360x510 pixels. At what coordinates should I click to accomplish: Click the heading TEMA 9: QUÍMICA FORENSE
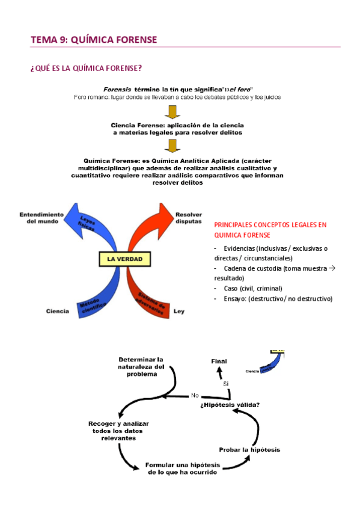[x=94, y=40]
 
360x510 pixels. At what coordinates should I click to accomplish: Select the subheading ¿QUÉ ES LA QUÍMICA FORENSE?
[x=86, y=67]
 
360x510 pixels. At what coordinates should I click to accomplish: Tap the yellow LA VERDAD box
[x=124, y=260]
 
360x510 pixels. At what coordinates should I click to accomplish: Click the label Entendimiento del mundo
[x=41, y=218]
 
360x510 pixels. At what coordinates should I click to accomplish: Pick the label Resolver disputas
[x=189, y=218]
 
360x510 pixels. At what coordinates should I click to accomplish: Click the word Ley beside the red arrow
[x=179, y=311]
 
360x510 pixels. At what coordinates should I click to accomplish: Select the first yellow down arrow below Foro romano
[x=172, y=112]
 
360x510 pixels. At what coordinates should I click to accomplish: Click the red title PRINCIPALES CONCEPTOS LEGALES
[x=270, y=230]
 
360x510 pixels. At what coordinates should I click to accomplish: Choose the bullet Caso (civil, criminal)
[x=252, y=288]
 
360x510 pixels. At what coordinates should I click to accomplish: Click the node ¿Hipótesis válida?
[x=230, y=404]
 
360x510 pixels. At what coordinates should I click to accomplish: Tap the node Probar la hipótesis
[x=249, y=449]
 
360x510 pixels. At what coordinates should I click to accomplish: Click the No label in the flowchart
[x=195, y=395]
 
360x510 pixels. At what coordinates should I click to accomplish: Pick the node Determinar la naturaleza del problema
[x=141, y=366]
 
